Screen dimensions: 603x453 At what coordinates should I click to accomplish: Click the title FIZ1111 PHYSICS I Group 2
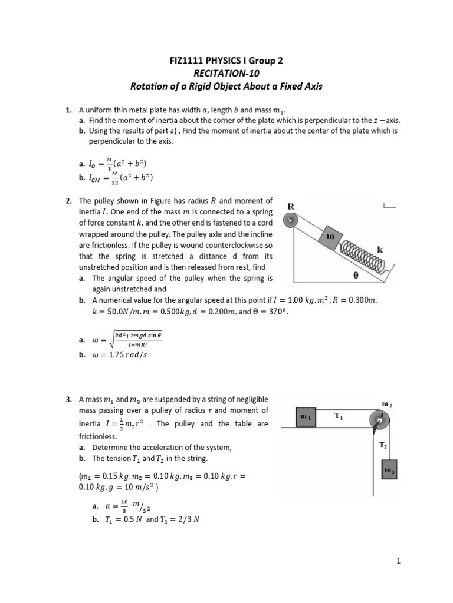click(226, 61)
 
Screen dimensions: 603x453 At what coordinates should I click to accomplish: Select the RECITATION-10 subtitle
click(226, 74)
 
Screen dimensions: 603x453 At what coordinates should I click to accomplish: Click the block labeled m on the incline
click(330, 236)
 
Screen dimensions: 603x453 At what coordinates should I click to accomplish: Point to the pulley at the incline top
click(290, 221)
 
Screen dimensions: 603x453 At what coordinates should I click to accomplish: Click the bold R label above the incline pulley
click(290, 206)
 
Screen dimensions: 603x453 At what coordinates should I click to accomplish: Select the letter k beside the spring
click(380, 250)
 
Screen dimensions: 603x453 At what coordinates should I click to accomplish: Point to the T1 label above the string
click(339, 416)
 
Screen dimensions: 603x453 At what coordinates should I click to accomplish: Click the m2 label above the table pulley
click(386, 404)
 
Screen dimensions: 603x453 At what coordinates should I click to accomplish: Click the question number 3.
click(68, 400)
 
